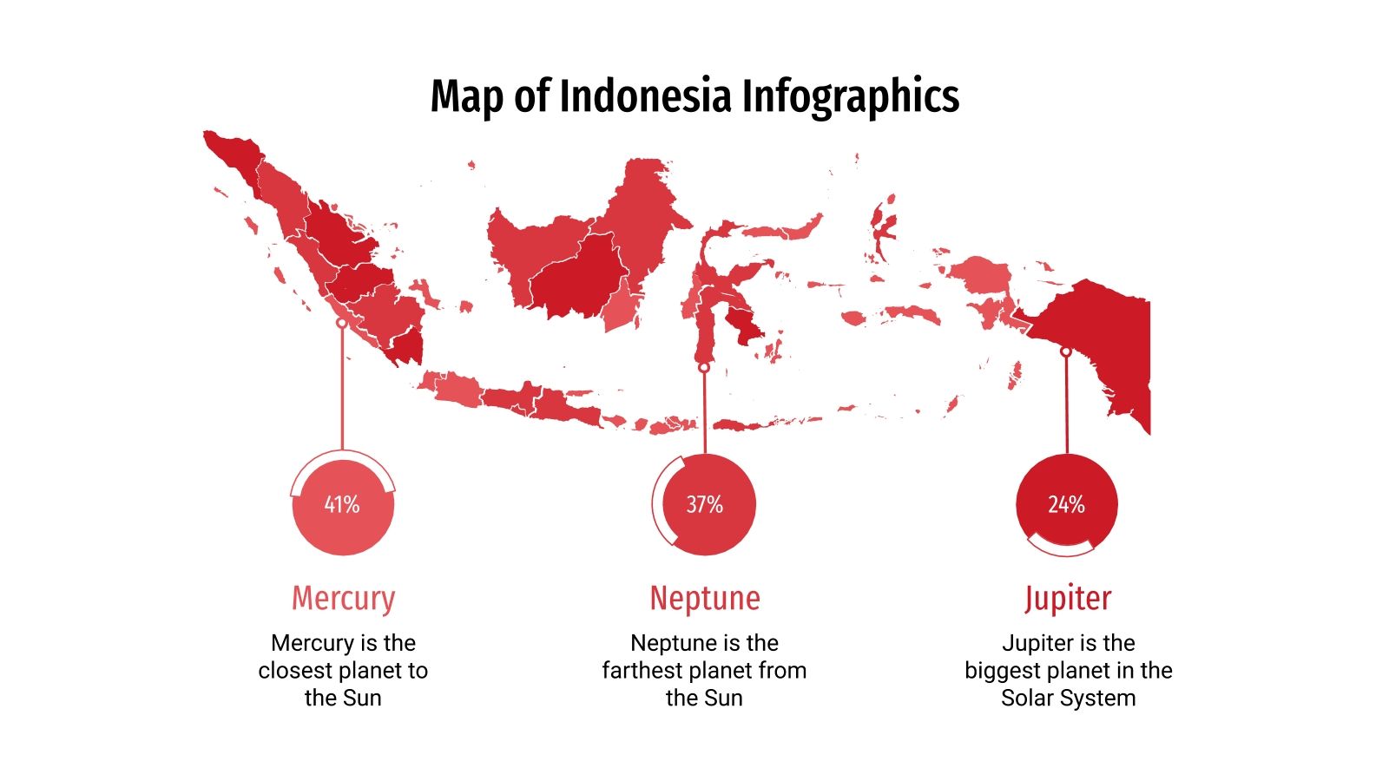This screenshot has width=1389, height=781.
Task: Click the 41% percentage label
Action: pos(342,504)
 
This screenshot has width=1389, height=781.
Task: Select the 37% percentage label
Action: pos(704,504)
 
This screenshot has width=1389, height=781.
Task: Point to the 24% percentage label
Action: pos(1066,504)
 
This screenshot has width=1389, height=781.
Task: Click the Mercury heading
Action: pos(343,598)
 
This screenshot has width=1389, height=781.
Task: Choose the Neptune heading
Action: pos(705,598)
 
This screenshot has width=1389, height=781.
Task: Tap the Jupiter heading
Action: pos(1067,598)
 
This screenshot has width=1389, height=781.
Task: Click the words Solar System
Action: pos(1068,698)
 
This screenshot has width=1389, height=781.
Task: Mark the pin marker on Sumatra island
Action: pos(342,323)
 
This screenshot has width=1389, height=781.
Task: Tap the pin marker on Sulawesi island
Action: pos(704,368)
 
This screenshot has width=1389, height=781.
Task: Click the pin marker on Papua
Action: pos(1066,351)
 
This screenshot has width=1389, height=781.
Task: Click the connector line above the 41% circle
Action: pos(342,390)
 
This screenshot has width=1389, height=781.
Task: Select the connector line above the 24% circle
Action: pos(1066,404)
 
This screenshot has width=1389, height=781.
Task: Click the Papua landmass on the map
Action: pos(1103,338)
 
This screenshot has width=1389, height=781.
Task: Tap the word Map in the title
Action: pos(466,95)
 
